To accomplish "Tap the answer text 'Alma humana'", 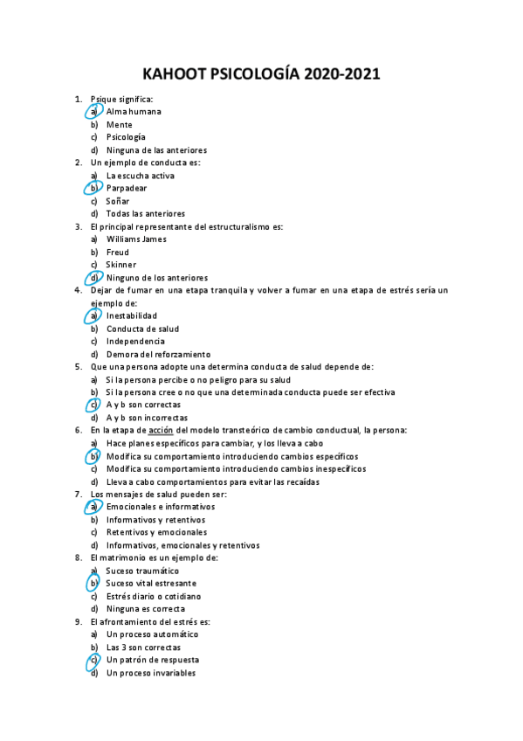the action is (x=134, y=112).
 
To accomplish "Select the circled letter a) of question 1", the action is (x=93, y=112).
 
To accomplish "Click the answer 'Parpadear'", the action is (x=127, y=188).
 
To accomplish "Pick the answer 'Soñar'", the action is (x=118, y=201).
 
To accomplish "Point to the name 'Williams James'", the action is (x=136, y=239).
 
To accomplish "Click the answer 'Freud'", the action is (x=118, y=252).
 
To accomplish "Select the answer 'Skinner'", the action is (x=121, y=265).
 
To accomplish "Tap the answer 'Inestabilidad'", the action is (x=132, y=315).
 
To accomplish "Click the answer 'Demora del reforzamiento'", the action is (x=158, y=354).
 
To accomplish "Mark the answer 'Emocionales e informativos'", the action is (x=161, y=507).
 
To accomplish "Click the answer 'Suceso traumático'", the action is (x=142, y=571).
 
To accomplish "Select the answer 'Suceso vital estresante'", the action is (x=151, y=583).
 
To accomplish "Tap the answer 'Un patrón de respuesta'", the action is (x=153, y=660).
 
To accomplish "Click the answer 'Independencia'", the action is (x=135, y=341).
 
